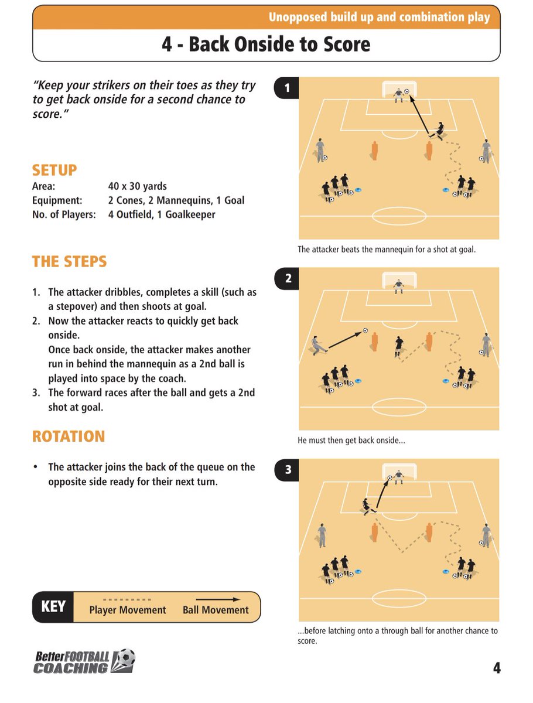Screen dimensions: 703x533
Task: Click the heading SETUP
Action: (x=54, y=170)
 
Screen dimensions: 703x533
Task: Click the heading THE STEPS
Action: (x=70, y=261)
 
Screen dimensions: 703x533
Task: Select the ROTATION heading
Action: (x=69, y=436)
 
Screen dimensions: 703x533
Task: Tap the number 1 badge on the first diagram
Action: (x=287, y=89)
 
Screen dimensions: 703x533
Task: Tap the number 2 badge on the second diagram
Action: (x=287, y=279)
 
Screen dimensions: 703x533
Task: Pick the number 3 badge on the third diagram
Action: (x=287, y=469)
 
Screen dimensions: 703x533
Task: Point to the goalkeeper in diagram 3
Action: (x=399, y=475)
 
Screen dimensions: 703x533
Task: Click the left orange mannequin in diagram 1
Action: (x=374, y=150)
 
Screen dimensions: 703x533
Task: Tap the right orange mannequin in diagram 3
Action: (x=429, y=531)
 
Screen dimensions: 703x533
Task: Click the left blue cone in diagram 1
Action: (x=358, y=189)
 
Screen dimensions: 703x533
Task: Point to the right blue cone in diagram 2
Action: (x=446, y=380)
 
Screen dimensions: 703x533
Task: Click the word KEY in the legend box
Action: (x=53, y=606)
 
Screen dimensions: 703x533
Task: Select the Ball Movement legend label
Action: (x=216, y=610)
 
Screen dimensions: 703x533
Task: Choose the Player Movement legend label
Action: (x=128, y=610)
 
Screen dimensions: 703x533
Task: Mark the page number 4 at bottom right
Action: (x=496, y=668)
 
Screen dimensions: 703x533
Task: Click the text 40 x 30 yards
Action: (x=138, y=186)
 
